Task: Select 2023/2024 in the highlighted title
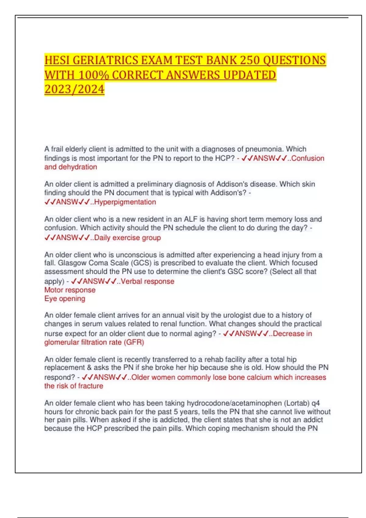(x=74, y=89)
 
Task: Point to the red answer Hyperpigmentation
(x=125, y=202)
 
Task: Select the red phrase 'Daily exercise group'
(x=127, y=238)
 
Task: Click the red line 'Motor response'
(x=70, y=290)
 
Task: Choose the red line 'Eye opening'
(x=65, y=299)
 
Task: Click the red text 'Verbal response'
(x=148, y=282)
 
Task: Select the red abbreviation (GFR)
(x=134, y=342)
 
